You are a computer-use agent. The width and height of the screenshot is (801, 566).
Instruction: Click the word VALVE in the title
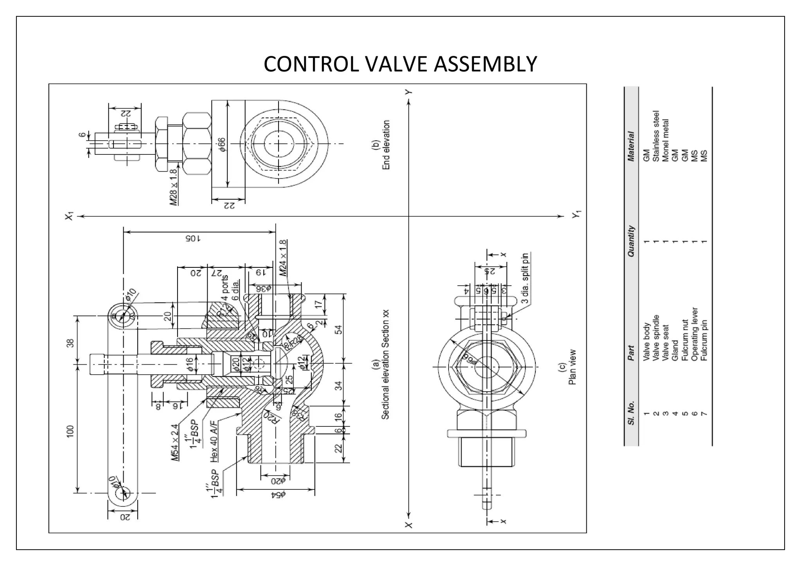(397, 64)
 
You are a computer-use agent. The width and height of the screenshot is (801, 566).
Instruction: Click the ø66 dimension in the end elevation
(222, 145)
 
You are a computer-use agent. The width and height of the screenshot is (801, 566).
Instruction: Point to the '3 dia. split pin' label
(525, 278)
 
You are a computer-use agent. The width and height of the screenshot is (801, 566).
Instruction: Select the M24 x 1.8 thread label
(283, 258)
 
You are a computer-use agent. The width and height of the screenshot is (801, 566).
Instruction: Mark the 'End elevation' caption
(386, 145)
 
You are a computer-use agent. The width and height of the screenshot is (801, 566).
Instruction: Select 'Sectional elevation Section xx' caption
(385, 364)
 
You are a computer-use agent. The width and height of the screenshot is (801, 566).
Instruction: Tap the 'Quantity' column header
(630, 241)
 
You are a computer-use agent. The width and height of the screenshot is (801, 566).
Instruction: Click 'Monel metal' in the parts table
(665, 140)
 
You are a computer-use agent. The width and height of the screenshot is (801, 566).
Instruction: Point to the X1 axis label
(69, 216)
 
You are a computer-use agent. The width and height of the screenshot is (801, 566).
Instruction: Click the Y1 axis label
(577, 215)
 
